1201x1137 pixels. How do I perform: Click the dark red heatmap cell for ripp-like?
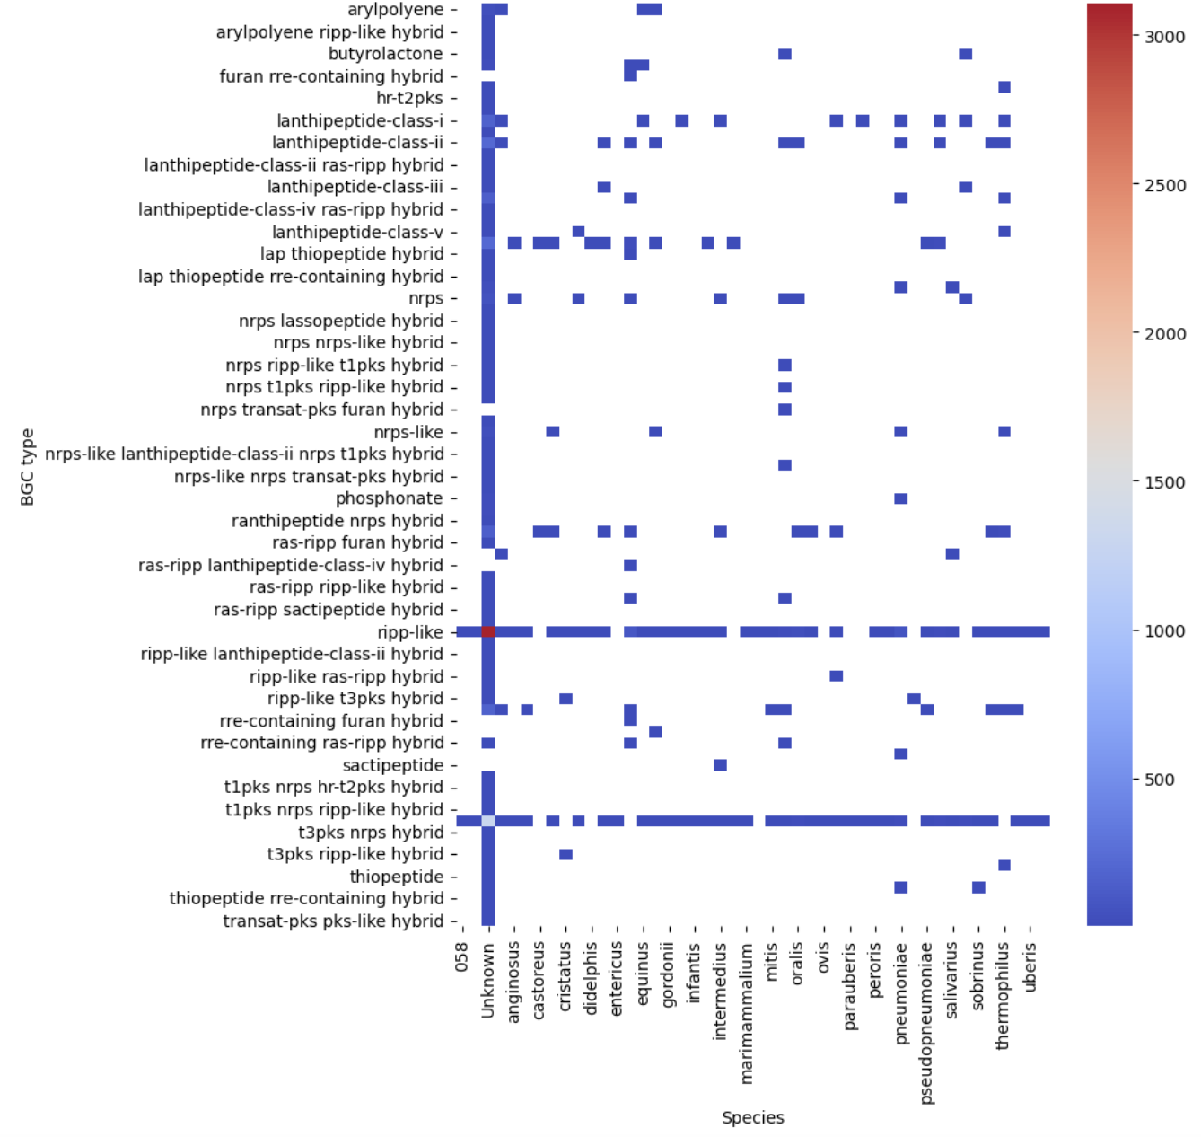[x=488, y=632]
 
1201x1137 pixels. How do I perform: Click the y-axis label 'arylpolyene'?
[x=395, y=10]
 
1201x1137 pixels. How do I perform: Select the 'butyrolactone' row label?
[x=385, y=54]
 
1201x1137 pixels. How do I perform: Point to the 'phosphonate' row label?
[x=389, y=498]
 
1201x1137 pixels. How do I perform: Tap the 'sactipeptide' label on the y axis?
[x=392, y=765]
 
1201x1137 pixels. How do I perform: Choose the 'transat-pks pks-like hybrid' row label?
[x=333, y=921]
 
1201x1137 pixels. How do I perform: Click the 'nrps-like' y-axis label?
[x=408, y=432]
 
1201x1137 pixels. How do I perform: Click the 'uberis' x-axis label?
[x=1030, y=965]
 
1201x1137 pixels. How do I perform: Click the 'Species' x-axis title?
[x=752, y=1117]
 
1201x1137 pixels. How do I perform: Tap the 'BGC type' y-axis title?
[x=28, y=467]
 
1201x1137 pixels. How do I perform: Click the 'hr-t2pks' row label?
[x=409, y=98]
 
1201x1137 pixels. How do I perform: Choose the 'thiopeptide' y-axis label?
[x=397, y=877]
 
